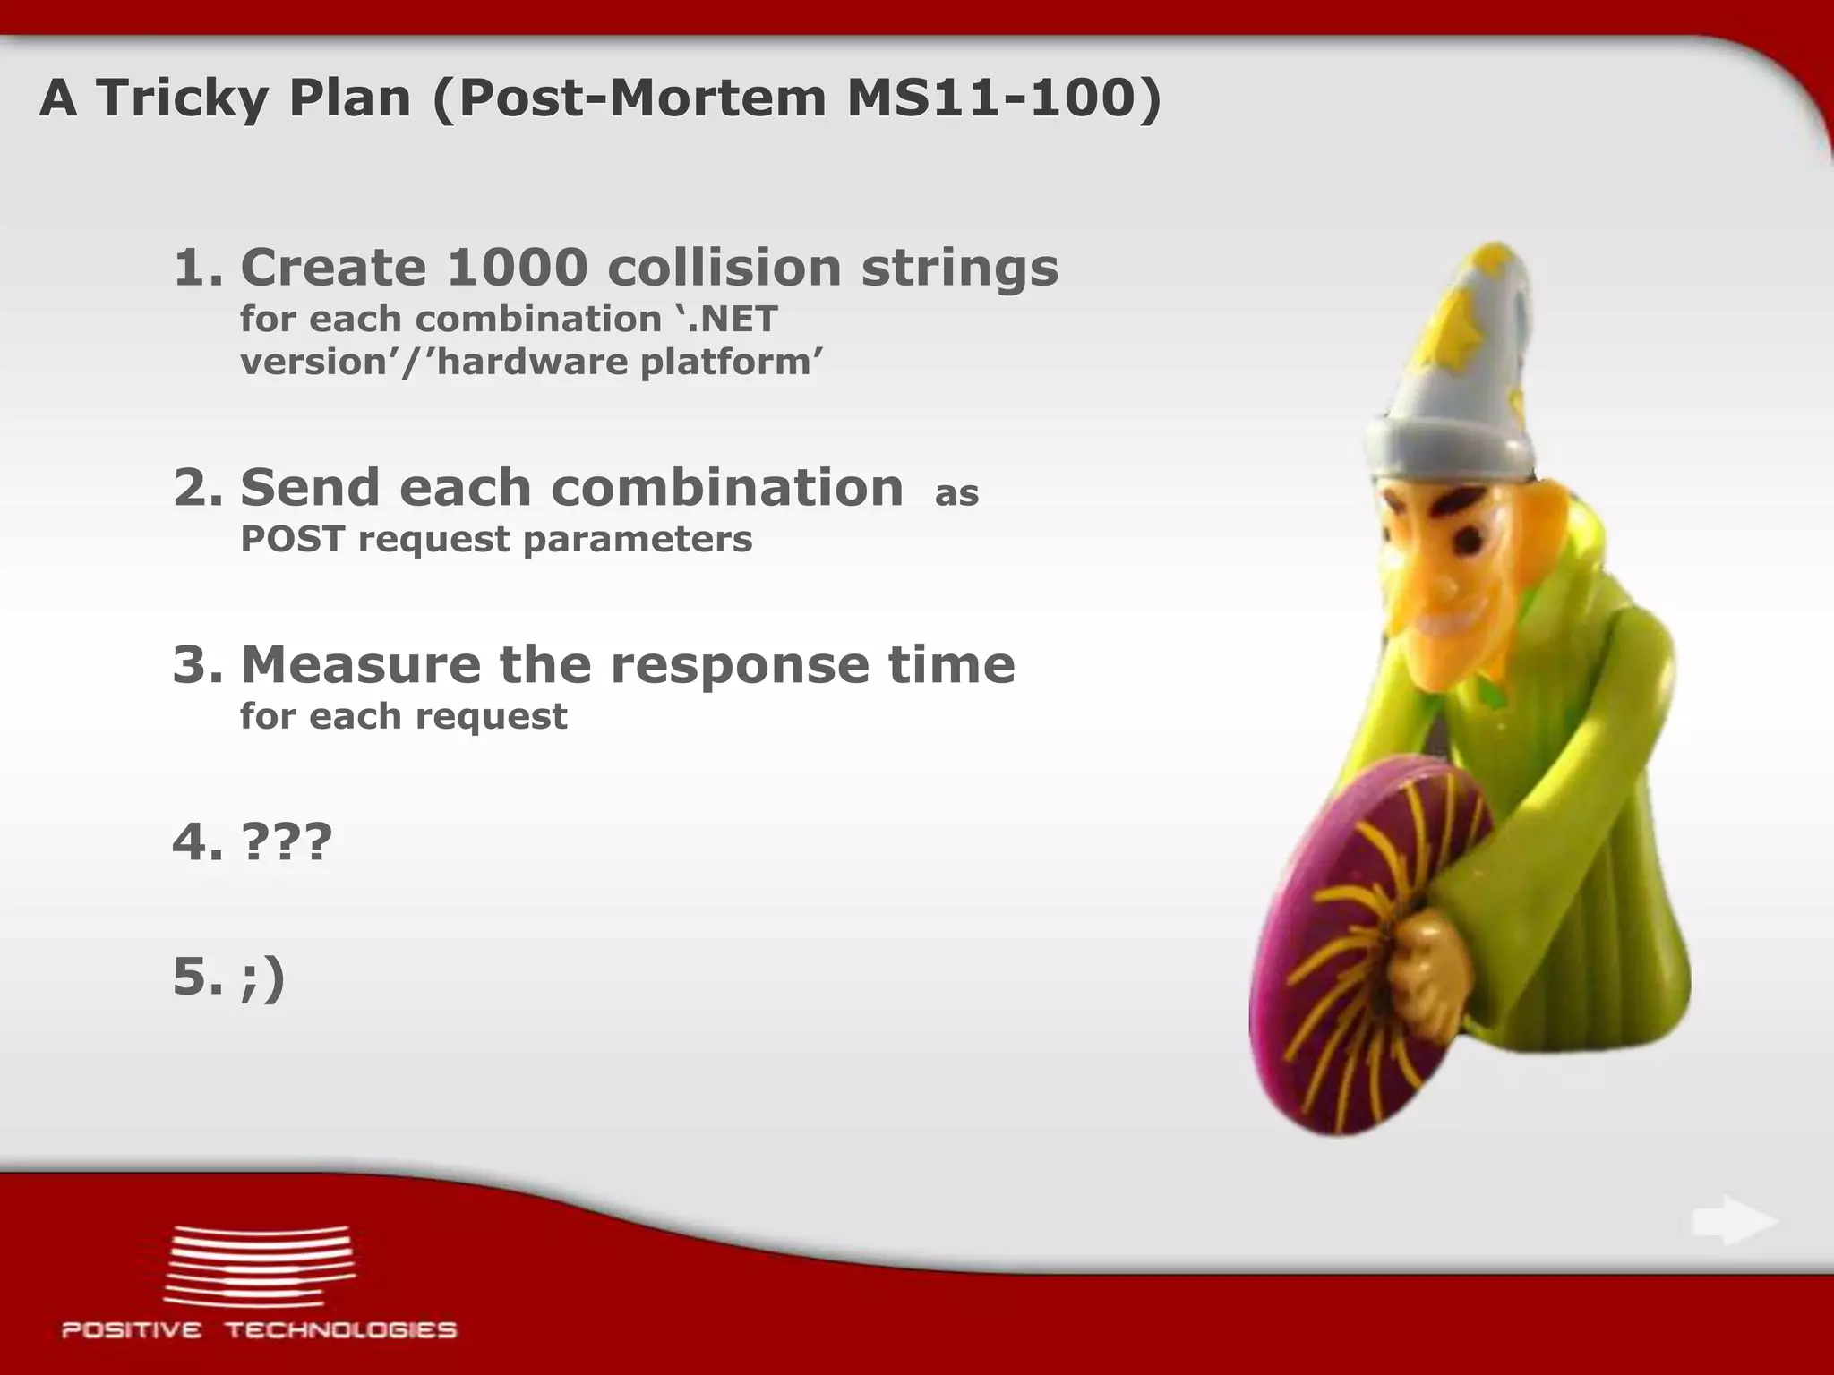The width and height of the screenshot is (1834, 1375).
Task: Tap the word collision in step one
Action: (x=724, y=267)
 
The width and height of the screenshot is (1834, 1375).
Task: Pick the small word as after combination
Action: (x=956, y=493)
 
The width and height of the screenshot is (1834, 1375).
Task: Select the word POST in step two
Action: (x=291, y=539)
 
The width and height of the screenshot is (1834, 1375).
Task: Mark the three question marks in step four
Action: (x=287, y=841)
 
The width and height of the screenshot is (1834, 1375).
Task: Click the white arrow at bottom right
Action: (x=1734, y=1222)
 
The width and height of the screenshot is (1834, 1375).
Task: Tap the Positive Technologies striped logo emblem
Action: (x=260, y=1266)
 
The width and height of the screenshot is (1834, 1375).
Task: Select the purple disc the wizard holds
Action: (x=1370, y=949)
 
